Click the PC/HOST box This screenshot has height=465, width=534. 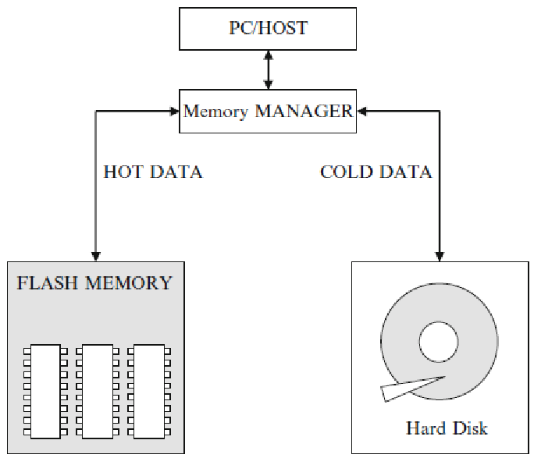coord(268,29)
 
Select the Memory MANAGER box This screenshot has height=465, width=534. coord(268,111)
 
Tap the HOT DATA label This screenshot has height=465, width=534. coord(153,172)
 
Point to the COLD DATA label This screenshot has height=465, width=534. coord(376,172)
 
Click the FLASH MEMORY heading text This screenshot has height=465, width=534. coord(94,282)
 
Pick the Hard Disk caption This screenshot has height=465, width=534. coord(447,428)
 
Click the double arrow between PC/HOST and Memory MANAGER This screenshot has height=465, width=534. coord(269,69)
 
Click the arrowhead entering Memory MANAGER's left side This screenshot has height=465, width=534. coord(176,111)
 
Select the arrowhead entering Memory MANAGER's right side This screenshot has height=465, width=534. coord(361,111)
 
